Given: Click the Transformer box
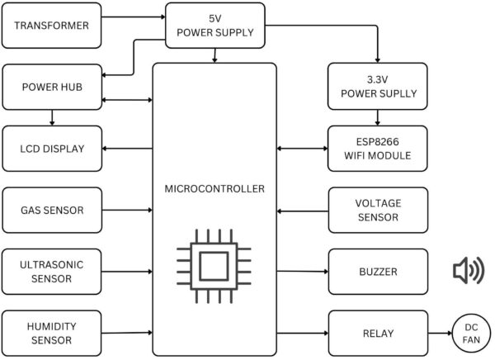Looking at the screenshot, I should [52, 24].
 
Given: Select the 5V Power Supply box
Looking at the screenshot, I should [215, 25].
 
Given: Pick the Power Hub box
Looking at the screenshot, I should [52, 86].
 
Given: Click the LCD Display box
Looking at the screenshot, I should [52, 148].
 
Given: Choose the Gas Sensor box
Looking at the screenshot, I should [52, 210].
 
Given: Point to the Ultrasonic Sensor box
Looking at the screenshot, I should [52, 271].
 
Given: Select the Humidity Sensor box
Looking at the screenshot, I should [52, 333].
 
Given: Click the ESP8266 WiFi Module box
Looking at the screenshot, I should [378, 148].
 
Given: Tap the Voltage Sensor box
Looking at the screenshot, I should [378, 210].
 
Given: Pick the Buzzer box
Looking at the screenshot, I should [378, 271].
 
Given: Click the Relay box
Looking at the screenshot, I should [378, 333].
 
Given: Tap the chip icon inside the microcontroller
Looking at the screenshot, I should [214, 265].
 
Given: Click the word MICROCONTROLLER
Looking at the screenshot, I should [214, 189].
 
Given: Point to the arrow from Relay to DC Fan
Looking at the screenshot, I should [439, 334].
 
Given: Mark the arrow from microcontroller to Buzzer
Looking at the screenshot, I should [302, 271].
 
